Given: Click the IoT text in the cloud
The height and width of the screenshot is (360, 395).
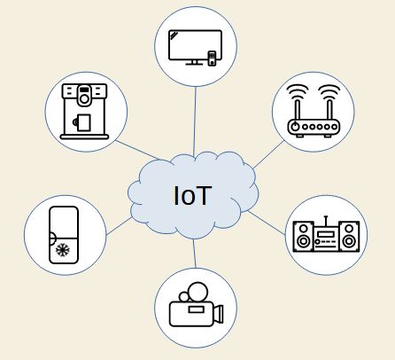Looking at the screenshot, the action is click(193, 195).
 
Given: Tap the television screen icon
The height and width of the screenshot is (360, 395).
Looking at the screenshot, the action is click(195, 47).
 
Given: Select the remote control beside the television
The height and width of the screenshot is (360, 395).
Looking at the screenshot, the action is click(212, 59).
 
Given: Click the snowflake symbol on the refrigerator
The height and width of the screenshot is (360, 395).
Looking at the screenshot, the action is click(63, 250).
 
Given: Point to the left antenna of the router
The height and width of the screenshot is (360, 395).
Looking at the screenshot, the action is click(298, 110).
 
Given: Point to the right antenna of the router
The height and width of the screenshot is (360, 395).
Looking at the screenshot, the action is click(329, 110).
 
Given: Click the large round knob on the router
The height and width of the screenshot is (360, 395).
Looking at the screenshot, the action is click(295, 127).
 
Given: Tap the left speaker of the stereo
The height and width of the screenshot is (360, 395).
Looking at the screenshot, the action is click(303, 237).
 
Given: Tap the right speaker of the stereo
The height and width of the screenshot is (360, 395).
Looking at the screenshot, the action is click(349, 237).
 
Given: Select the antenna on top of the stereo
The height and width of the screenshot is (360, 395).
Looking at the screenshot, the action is click(326, 221).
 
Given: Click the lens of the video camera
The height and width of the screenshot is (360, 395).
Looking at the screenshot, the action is click(218, 314).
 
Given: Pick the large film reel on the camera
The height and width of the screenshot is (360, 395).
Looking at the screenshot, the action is click(198, 293).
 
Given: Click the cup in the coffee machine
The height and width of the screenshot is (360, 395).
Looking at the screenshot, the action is click(82, 122).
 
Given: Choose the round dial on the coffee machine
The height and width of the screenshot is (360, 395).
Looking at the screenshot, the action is click(84, 99).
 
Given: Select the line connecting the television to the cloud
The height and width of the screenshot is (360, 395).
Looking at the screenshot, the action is click(195, 121).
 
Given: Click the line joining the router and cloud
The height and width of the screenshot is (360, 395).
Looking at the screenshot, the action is click(268, 154).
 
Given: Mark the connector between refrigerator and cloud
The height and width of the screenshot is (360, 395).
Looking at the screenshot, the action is click(120, 226).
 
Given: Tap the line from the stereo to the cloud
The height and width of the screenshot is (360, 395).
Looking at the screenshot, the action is click(267, 223).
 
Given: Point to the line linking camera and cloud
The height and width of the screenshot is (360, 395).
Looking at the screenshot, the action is click(194, 254).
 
